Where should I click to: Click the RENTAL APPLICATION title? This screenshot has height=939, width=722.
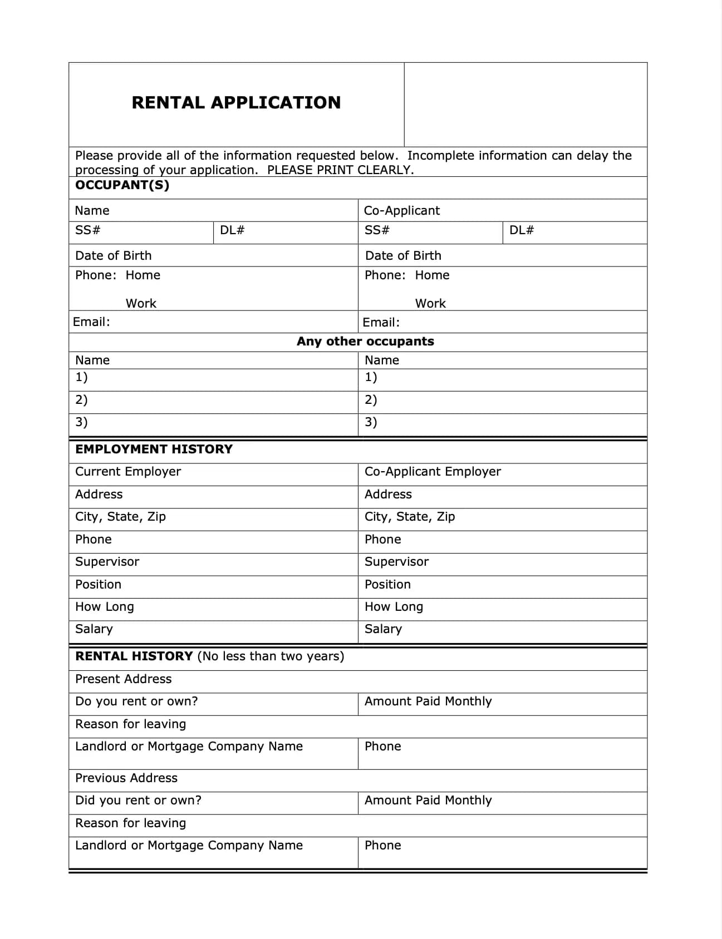click(236, 103)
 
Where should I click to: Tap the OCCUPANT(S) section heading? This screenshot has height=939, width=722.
click(122, 185)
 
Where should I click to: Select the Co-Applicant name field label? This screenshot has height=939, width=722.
click(401, 211)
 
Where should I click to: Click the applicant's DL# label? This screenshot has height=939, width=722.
click(232, 230)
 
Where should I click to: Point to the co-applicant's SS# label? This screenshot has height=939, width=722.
click(377, 230)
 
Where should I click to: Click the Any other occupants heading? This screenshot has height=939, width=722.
click(365, 342)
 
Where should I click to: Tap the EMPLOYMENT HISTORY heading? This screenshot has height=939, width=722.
click(154, 449)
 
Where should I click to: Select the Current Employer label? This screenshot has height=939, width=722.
click(128, 472)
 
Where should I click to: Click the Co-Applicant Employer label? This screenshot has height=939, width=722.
click(433, 472)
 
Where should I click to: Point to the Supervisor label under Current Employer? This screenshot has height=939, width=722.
click(107, 562)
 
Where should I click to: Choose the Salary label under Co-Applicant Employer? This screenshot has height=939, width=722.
click(383, 629)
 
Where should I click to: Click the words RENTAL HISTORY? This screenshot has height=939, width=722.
click(134, 656)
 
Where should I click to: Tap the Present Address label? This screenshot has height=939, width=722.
click(123, 679)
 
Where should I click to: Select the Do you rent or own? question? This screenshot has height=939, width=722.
click(136, 701)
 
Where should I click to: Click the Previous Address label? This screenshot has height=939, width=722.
click(126, 778)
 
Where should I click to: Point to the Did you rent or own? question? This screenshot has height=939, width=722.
click(138, 800)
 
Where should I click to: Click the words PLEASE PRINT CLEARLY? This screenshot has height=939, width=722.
click(341, 170)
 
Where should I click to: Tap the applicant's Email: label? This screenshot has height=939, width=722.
click(91, 322)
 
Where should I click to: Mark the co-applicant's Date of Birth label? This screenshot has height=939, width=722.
click(403, 256)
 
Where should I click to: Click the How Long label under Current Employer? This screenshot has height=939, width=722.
click(105, 607)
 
